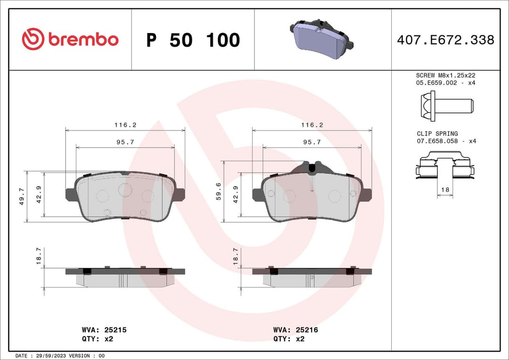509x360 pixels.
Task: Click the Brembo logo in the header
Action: tap(70, 40)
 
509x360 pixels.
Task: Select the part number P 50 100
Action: tap(193, 41)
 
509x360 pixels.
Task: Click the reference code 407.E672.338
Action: tap(445, 40)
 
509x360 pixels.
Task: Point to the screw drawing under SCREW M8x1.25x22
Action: tap(446, 103)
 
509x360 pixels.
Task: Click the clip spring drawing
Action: tap(445, 165)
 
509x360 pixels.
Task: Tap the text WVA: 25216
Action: tap(296, 330)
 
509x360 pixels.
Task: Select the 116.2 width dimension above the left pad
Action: tap(125, 125)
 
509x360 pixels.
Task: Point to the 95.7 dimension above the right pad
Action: tap(312, 142)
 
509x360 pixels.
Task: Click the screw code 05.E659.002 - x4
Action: tap(446, 83)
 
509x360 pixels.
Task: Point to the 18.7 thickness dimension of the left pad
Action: tap(39, 256)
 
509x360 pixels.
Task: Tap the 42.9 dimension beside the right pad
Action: tap(235, 194)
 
